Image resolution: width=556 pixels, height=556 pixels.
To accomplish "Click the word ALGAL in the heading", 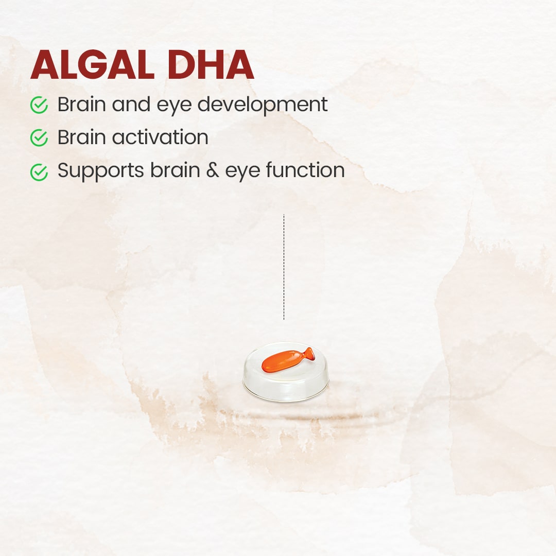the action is tap(93, 65).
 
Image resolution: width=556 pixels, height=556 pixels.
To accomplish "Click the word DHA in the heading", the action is tap(211, 65).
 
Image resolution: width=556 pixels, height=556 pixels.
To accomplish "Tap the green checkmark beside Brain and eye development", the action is tap(39, 105).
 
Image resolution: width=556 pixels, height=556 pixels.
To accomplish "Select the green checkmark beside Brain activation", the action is tap(39, 137).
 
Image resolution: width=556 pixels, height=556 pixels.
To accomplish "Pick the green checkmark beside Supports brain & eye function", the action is tap(39, 172).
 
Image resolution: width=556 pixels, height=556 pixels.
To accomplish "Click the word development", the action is tap(263, 106).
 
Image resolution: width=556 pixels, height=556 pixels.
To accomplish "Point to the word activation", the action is tap(160, 137).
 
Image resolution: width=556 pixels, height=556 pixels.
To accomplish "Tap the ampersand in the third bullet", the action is tap(213, 170).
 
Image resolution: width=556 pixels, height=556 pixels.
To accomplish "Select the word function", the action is tap(305, 169).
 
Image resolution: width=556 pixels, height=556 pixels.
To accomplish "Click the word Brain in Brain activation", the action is tap(81, 137).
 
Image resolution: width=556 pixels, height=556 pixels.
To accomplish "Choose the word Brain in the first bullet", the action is tap(81, 104).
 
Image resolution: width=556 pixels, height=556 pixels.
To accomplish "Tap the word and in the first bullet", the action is tap(131, 104).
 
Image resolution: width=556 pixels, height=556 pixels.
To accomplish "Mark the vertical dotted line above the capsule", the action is tap(284, 267).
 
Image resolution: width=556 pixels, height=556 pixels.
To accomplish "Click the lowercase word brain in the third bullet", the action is tap(175, 170).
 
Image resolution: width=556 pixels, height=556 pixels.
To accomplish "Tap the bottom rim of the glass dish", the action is tap(285, 400).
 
